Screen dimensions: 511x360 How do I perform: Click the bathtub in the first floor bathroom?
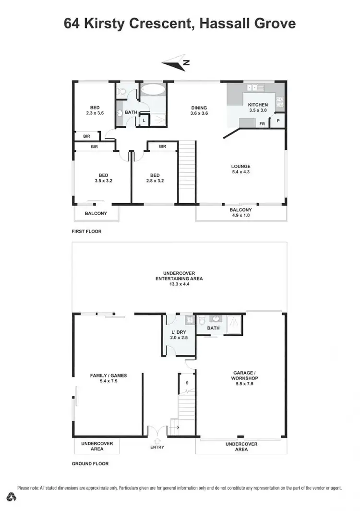tap(153, 90)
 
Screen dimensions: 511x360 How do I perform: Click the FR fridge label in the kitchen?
tap(262, 123)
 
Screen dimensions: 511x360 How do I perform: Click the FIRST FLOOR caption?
tap(87, 231)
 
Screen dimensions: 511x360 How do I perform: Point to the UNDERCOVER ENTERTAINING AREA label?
tap(179, 279)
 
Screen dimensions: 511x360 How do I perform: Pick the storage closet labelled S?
tap(186, 383)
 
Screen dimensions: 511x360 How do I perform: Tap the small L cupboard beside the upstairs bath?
tap(144, 121)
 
